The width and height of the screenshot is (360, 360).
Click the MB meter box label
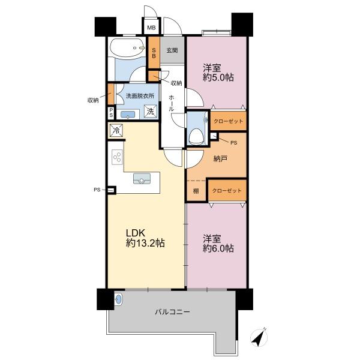tap(151, 28)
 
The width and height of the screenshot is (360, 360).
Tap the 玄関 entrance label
tap(172, 50)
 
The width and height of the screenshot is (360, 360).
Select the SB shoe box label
tap(154, 53)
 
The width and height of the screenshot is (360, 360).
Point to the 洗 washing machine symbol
tap(151, 112)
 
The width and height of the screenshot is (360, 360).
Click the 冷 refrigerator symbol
tap(116, 131)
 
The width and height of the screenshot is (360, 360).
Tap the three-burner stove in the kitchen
tap(118, 157)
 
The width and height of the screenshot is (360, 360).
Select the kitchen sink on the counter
tap(142, 179)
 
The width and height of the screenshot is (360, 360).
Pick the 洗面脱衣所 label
tap(140, 96)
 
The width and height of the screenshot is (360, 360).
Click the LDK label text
tap(136, 233)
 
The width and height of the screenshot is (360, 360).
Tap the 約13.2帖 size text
tap(145, 243)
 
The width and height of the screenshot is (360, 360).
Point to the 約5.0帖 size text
tap(218, 77)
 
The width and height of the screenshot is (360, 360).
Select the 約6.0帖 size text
tap(218, 248)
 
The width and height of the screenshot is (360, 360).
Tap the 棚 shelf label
tap(196, 191)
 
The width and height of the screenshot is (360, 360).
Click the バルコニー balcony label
tap(172, 312)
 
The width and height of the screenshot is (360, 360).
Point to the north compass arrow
tap(259, 337)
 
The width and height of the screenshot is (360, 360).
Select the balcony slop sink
tap(118, 299)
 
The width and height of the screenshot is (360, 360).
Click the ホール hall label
tap(172, 104)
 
